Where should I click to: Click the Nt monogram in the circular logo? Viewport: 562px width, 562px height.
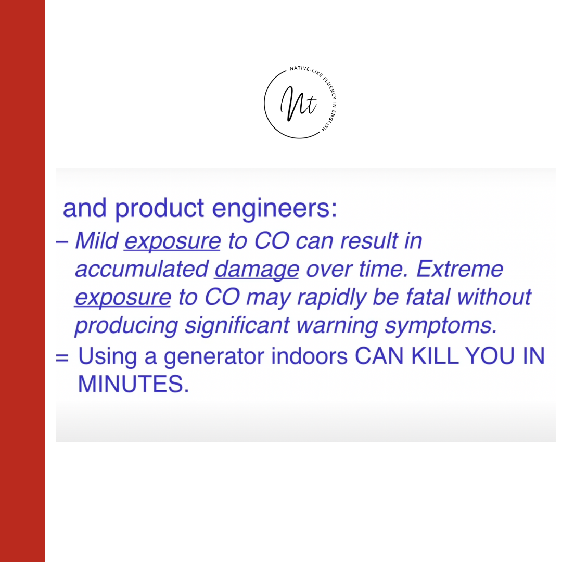point(299,104)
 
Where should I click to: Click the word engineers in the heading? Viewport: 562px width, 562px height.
point(275,208)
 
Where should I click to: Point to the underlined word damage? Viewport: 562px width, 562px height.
point(257,269)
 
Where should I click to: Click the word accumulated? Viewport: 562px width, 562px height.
point(142,269)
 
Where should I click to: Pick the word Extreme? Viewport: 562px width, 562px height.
point(460,269)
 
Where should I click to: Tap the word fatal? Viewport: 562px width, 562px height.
point(428,297)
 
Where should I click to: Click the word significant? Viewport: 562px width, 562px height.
point(237,325)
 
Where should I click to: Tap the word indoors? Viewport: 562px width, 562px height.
point(309,356)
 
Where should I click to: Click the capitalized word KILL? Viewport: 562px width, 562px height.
point(435,356)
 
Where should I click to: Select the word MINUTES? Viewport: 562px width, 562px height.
point(133,384)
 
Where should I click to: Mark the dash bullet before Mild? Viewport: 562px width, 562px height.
point(62,242)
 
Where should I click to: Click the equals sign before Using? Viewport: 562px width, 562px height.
point(62,357)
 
